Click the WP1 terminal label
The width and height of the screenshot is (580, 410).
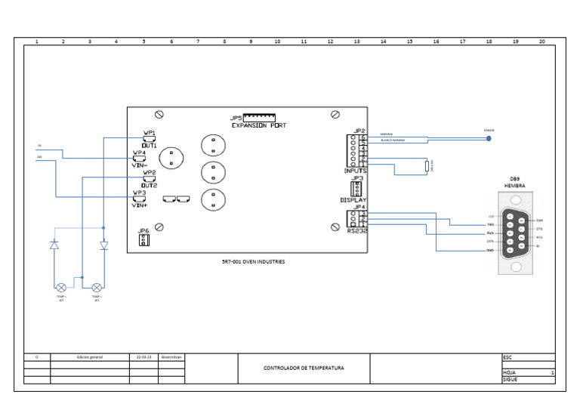[150, 132]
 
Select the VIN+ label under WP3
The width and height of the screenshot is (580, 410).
[140, 205]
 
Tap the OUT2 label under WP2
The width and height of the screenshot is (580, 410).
[149, 185]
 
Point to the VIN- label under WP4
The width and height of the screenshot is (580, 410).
[140, 165]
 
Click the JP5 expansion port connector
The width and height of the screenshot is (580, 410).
[258, 118]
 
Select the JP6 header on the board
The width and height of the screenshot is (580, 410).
[143, 239]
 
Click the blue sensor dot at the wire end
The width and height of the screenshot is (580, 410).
[489, 138]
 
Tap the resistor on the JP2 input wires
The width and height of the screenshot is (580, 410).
[427, 167]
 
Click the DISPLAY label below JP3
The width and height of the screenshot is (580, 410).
[353, 200]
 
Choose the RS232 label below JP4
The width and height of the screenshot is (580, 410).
[357, 231]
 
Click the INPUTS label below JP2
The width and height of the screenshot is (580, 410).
[355, 171]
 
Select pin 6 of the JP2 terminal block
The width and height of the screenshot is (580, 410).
[363, 137]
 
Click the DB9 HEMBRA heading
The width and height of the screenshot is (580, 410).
[514, 182]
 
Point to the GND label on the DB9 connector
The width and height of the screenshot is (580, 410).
[490, 250]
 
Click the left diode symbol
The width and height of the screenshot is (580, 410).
[54, 245]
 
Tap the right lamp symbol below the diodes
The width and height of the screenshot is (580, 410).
[97, 288]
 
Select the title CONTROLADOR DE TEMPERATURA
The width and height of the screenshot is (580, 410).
[304, 368]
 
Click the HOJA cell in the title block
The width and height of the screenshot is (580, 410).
[509, 372]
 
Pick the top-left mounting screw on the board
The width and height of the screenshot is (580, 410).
[159, 114]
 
